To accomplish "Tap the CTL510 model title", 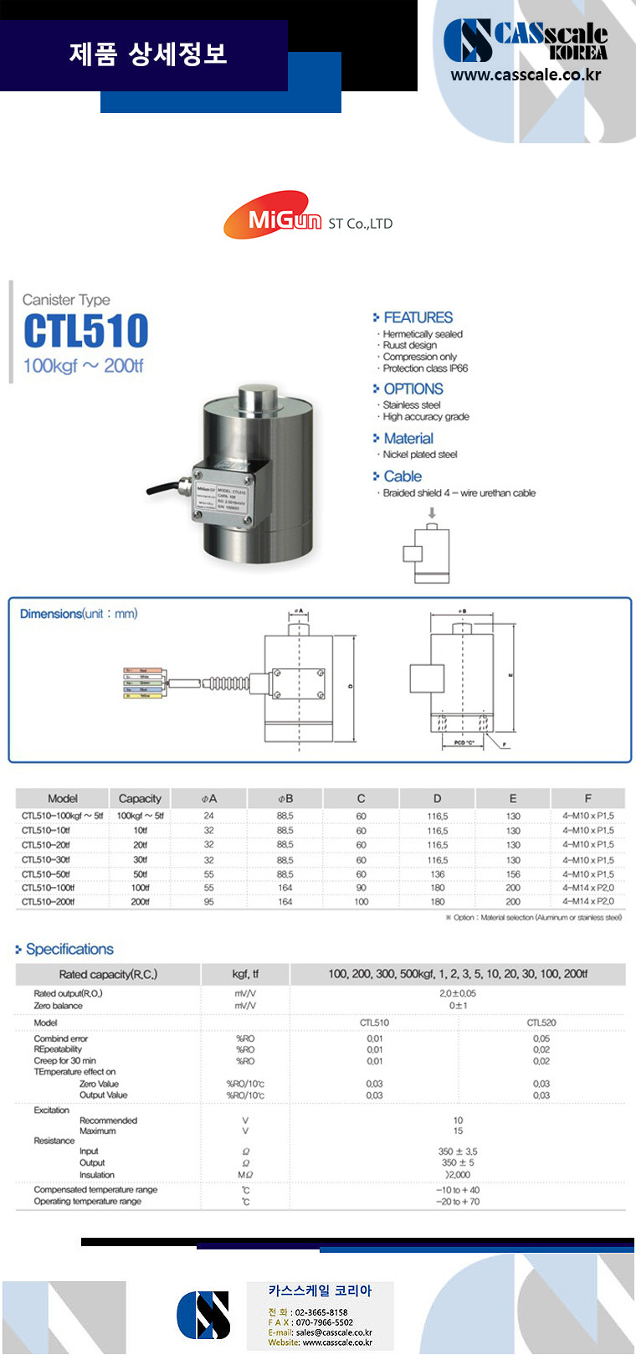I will [x=86, y=331].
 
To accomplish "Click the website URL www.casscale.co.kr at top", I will [x=526, y=75].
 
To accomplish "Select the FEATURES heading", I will [x=418, y=317].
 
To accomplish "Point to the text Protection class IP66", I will [x=425, y=368].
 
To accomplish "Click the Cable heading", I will [x=403, y=476].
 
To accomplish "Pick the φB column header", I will [x=285, y=798].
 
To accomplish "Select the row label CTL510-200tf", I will [x=49, y=902].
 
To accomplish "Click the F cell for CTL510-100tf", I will [x=587, y=888].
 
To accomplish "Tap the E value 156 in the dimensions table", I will [x=513, y=874].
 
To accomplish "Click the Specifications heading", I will [x=69, y=949].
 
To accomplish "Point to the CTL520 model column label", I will [x=541, y=1023].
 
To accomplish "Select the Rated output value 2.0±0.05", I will [x=458, y=993].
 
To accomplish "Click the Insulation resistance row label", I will [x=97, y=1175].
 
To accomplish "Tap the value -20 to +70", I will [x=458, y=1202].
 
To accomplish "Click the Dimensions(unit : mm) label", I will [x=79, y=614].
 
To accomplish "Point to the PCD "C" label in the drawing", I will [x=464, y=743].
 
